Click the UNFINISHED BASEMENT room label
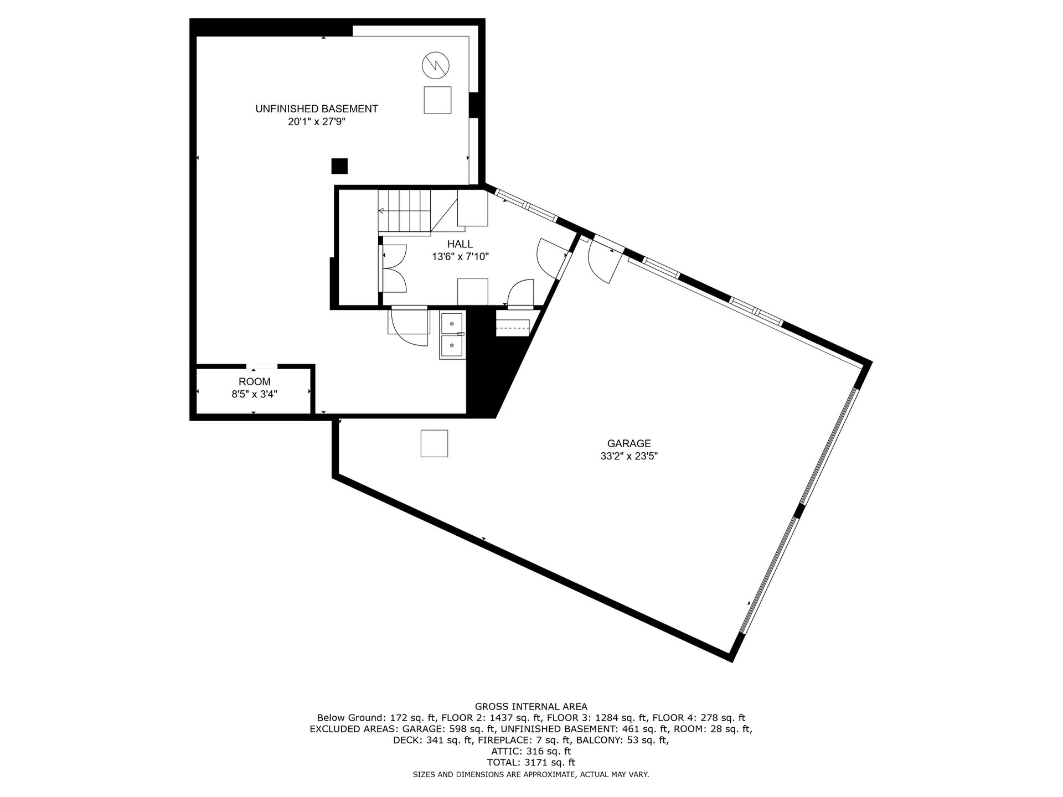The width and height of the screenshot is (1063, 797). [317, 109]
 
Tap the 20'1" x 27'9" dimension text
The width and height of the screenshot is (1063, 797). [317, 122]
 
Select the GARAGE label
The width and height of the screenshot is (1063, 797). [629, 443]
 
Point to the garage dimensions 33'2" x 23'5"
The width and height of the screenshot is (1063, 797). [629, 457]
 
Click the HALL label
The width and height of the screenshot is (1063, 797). [460, 244]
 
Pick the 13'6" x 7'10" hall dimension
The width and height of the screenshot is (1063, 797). [460, 257]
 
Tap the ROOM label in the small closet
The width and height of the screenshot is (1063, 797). [255, 381]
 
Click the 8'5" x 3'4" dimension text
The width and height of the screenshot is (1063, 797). [255, 395]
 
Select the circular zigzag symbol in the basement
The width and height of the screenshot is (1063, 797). [436, 66]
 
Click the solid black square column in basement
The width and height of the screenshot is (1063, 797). [339, 166]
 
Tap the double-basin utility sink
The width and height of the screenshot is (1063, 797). [453, 335]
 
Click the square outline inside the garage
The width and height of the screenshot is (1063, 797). [434, 443]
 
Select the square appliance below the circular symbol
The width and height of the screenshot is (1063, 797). [437, 100]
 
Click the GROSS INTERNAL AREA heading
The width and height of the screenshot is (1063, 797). [531, 706]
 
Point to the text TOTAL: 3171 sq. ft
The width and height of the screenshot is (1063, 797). [531, 762]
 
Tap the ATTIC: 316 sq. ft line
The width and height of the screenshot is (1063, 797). [531, 751]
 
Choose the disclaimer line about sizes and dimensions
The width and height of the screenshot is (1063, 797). [531, 774]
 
